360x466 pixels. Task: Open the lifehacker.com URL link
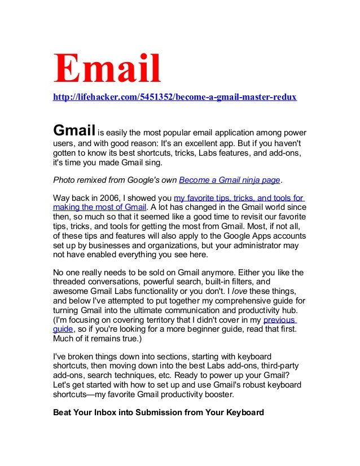click(174, 98)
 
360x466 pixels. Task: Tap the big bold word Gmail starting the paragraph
click(73, 130)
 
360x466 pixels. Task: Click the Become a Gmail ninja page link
click(229, 181)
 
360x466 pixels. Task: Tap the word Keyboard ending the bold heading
click(242, 412)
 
